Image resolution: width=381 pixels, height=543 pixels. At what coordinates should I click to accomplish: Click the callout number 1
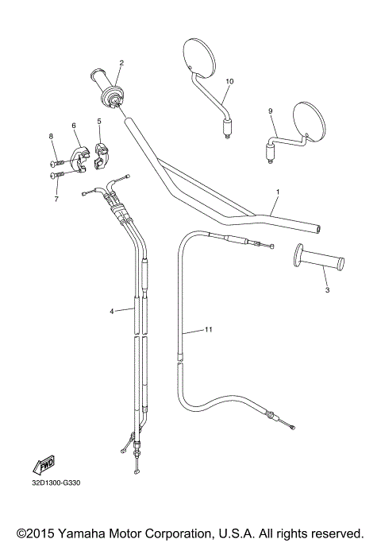point(278,192)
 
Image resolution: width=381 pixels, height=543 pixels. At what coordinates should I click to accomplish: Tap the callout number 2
point(121,63)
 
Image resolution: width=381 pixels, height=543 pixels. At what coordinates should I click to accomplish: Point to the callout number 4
point(112,312)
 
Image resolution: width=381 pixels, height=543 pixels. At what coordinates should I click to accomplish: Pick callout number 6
point(74,126)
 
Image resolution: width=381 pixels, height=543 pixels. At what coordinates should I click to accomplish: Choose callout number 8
point(52,137)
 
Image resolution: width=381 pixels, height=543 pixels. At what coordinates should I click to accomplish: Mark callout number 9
point(271,111)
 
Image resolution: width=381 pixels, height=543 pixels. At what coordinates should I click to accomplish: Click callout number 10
point(230,81)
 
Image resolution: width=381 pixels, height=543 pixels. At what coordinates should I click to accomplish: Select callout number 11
point(209,328)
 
